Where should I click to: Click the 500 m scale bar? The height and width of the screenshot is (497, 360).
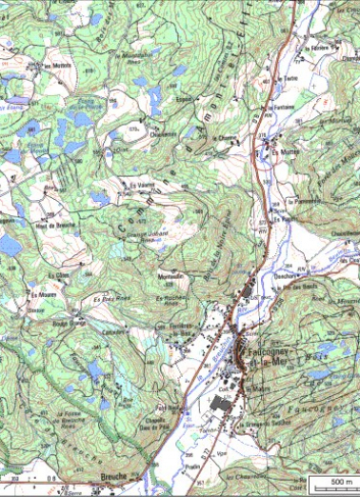tap(334, 482)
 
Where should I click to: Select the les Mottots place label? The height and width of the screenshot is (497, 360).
tap(59, 66)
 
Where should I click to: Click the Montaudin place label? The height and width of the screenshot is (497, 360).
tap(170, 276)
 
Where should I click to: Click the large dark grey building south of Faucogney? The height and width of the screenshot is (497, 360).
tap(220, 405)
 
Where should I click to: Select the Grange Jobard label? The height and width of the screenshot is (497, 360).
tap(140, 235)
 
